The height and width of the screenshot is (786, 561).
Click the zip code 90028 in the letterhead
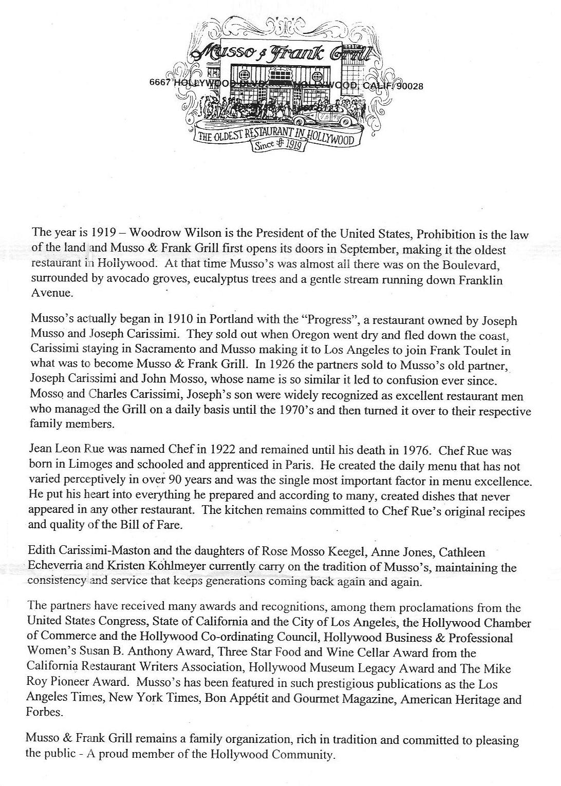coord(409,86)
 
